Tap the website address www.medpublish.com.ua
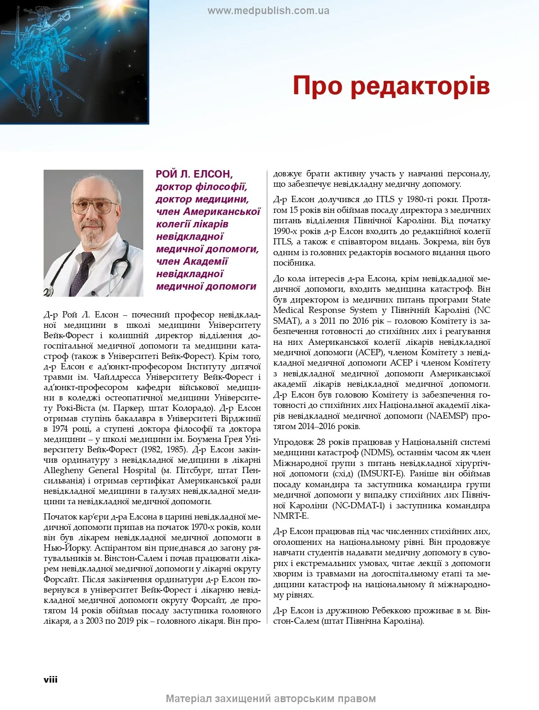pyautogui.click(x=268, y=11)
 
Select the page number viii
pyautogui.click(x=51, y=679)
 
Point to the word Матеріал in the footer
pyautogui.click(x=189, y=698)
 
